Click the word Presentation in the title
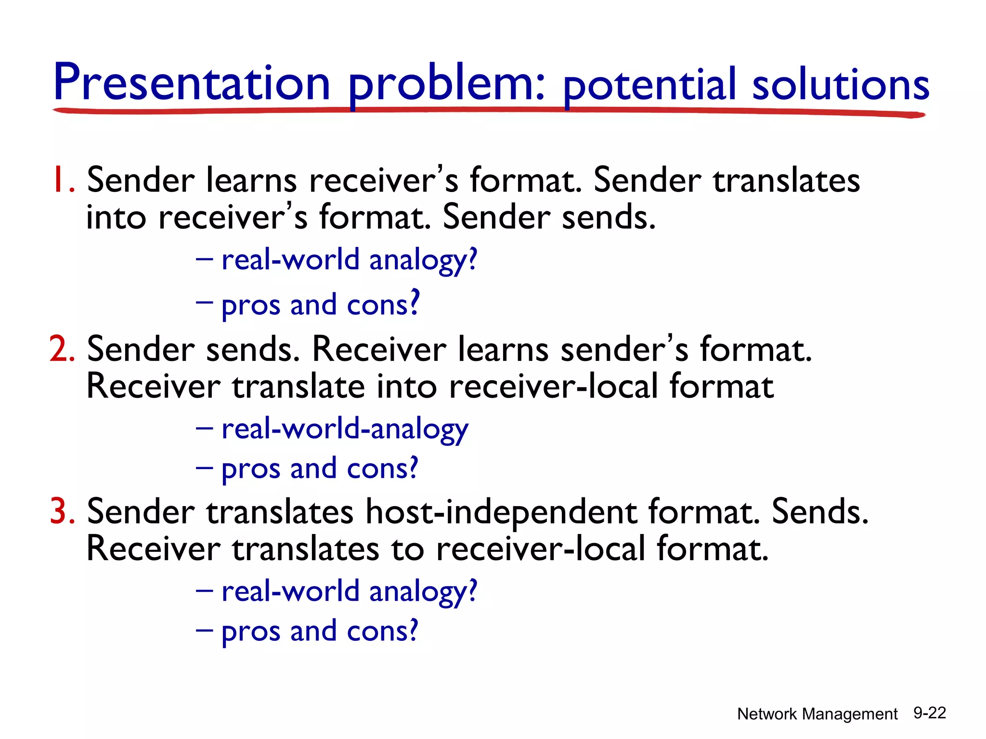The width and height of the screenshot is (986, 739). (x=192, y=83)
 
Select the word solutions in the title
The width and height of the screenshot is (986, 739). (x=840, y=85)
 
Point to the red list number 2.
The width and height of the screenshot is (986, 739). (x=62, y=349)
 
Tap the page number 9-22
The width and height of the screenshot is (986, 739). (x=930, y=713)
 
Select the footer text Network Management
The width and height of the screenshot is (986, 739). (x=817, y=714)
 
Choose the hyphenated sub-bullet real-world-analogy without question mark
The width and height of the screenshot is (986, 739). (x=344, y=429)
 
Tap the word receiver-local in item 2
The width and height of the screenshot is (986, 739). (x=553, y=386)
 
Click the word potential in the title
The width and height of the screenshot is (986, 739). (x=649, y=85)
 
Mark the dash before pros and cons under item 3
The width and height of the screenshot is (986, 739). (x=204, y=630)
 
